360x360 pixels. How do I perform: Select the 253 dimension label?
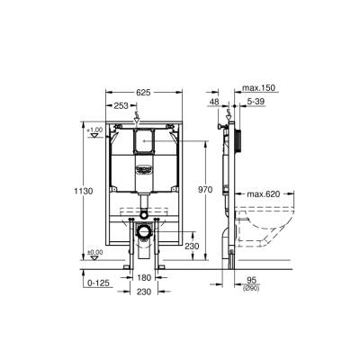[121, 106]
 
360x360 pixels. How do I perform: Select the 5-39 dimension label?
[256, 103]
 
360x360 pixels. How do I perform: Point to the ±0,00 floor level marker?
[94, 253]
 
